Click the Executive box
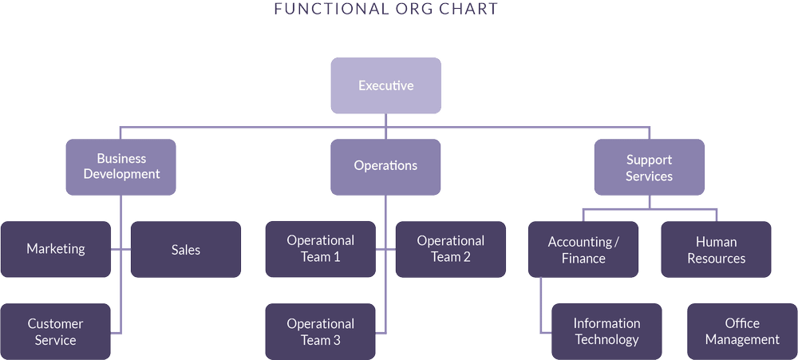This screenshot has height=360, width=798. tap(386, 85)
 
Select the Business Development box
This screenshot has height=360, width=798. tap(121, 167)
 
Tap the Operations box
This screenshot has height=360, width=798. tap(385, 166)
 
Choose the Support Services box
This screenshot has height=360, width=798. tap(649, 168)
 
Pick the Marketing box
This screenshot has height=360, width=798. tap(55, 249)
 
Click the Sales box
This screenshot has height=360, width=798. tap(185, 250)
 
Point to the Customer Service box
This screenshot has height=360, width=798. tap(55, 331)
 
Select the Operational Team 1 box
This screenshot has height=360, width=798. tap(319, 249)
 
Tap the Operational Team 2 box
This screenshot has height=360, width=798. tap(451, 249)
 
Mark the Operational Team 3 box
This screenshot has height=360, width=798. tap(319, 331)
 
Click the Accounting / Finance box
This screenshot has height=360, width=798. tap(583, 249)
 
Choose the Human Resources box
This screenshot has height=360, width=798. tap(716, 250)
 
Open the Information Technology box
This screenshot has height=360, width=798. tap(606, 331)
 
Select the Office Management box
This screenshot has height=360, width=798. tap(741, 331)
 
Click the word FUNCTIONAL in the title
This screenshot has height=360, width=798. tap(322, 9)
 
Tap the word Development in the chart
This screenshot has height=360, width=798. tap(122, 174)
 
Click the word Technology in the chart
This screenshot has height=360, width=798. tap(606, 340)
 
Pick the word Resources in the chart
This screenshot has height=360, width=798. tap(716, 259)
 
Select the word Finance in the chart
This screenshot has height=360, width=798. tap(583, 259)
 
